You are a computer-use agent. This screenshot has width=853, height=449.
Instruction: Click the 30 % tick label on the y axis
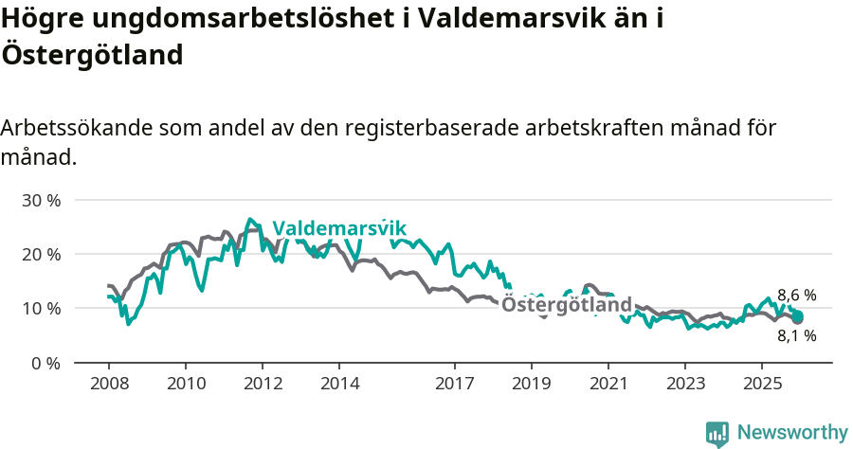(x=40, y=201)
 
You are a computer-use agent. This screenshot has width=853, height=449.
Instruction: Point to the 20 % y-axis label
(x=40, y=255)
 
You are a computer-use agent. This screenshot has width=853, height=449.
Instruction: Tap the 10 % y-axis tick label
(x=40, y=309)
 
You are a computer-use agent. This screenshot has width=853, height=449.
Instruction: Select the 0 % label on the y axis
(x=45, y=363)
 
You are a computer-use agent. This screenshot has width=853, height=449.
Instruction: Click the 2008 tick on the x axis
(x=108, y=384)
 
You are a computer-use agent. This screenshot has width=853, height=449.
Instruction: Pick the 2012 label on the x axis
(x=263, y=384)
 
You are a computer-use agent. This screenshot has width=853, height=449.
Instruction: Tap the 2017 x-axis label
(x=455, y=384)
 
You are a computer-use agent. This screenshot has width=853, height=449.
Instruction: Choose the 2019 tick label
(x=532, y=384)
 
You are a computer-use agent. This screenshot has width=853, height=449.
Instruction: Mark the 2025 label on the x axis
(x=763, y=384)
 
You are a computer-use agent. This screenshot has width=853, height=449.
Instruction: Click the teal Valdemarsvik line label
(x=339, y=228)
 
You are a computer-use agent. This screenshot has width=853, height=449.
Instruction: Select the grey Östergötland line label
(x=566, y=305)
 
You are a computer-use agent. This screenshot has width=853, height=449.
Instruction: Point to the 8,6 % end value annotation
(x=796, y=296)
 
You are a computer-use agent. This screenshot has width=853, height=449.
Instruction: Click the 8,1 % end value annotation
(x=796, y=335)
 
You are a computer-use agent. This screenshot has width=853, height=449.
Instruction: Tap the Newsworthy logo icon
(x=717, y=434)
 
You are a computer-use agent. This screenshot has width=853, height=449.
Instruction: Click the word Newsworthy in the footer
(x=792, y=433)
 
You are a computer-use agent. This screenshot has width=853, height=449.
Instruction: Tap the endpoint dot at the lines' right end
(x=798, y=318)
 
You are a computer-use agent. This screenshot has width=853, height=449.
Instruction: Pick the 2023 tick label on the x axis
(x=686, y=384)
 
